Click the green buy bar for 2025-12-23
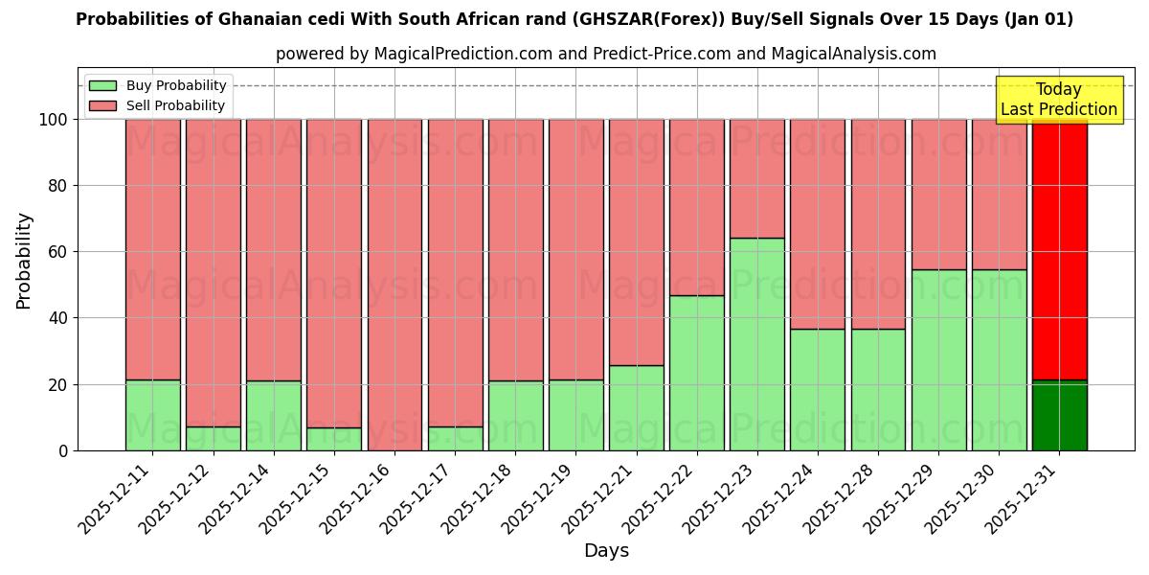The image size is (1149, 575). [756, 344]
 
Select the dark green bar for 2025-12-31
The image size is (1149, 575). [1059, 416]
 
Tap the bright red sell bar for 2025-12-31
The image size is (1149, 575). [1059, 249]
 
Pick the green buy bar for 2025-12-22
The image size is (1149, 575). [696, 373]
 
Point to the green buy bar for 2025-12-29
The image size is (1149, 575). [938, 360]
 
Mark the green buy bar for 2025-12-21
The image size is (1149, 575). [636, 408]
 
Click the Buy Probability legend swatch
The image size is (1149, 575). [102, 86]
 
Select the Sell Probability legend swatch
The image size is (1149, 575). [102, 106]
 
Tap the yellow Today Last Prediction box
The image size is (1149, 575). [1059, 100]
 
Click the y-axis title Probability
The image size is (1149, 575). [24, 261]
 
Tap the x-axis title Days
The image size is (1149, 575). [606, 551]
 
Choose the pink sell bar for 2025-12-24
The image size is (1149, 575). [817, 224]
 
